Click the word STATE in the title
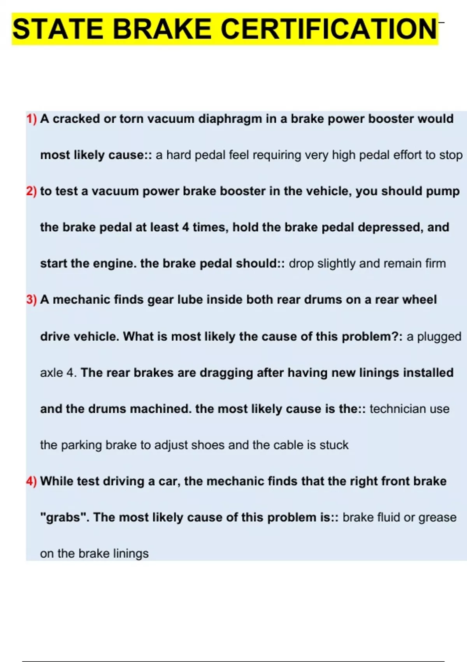click(58, 29)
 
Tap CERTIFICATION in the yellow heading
click(328, 29)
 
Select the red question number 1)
click(32, 119)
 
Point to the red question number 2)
click(32, 192)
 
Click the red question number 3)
click(32, 300)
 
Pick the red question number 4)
click(32, 481)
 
